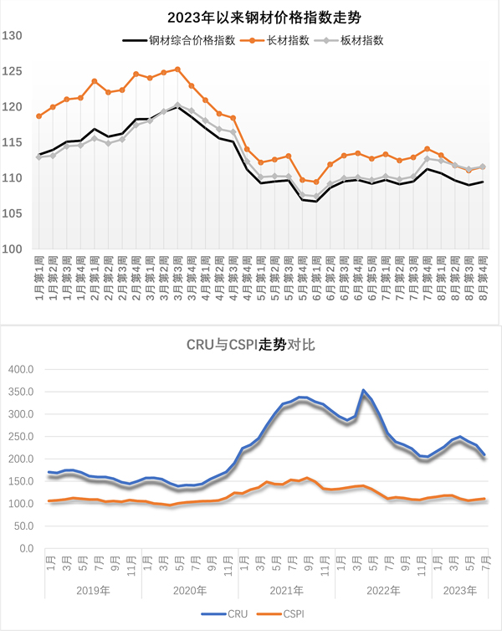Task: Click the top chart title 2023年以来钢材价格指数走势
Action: (252, 16)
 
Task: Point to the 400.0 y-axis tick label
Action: (18, 369)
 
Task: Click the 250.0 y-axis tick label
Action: (18, 437)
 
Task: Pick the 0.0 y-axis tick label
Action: (23, 549)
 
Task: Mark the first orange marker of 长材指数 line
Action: (39, 116)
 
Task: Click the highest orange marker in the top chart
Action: (177, 69)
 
